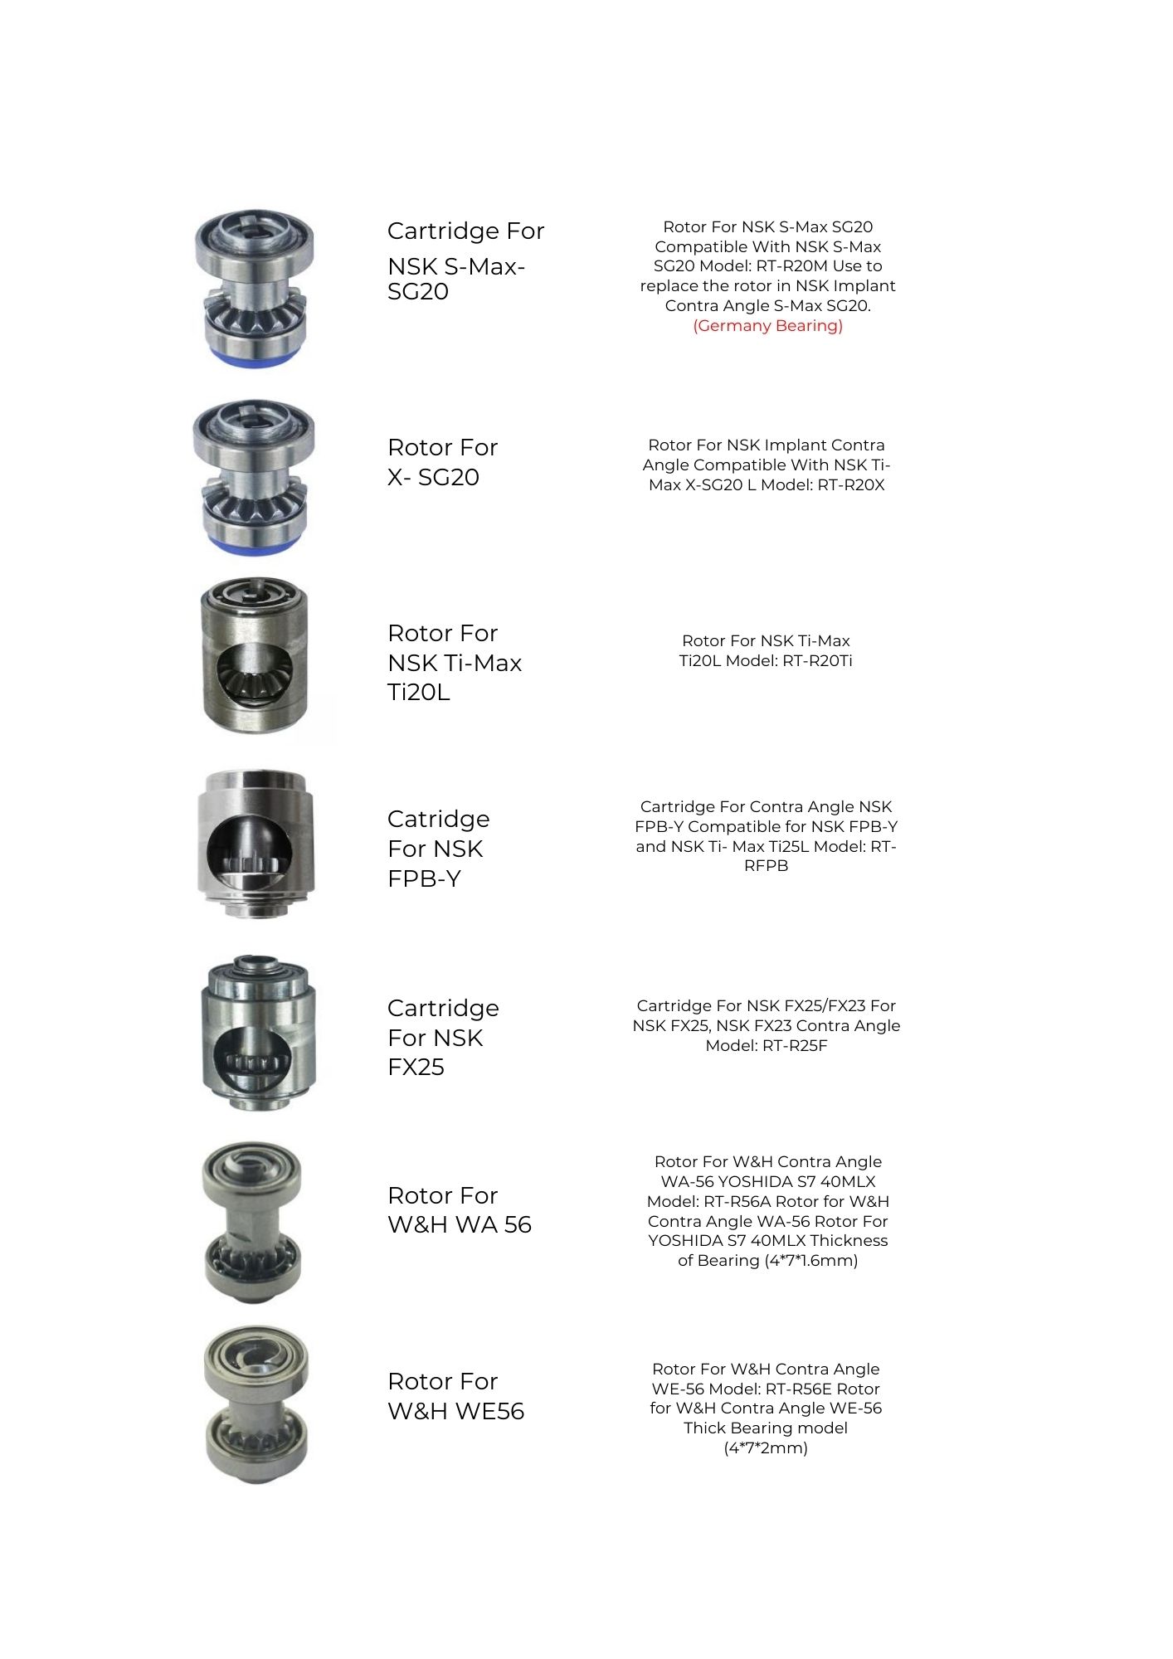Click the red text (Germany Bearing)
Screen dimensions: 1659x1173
point(767,326)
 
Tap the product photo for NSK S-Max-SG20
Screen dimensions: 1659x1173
point(254,288)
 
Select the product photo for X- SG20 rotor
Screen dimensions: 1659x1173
point(254,477)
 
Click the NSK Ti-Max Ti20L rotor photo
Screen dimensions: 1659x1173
point(255,656)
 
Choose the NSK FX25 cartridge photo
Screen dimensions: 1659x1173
point(257,1033)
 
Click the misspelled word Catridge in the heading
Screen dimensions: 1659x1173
point(438,820)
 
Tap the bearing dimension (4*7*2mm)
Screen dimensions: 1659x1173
point(766,1448)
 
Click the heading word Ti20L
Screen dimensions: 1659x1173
point(418,693)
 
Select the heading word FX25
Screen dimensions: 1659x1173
point(416,1068)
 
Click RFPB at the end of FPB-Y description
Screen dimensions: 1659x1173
point(766,866)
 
